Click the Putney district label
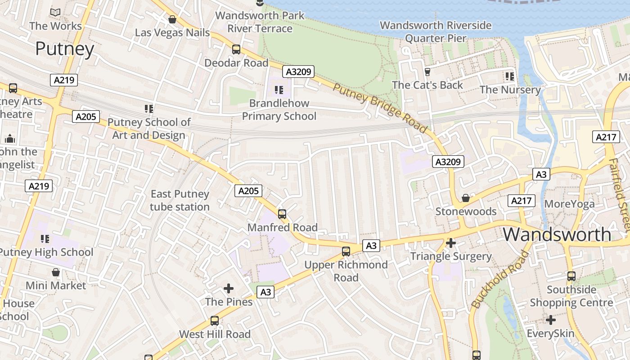coord(65,49)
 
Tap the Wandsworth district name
coord(557,234)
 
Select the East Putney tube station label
coord(180,200)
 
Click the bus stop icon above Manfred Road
coord(282,214)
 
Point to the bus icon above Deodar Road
coord(236,49)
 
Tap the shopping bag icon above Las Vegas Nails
coord(172,19)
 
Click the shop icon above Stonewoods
coord(466,198)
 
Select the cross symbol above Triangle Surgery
coord(450,243)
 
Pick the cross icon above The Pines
coord(229,288)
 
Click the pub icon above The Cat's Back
coord(427,72)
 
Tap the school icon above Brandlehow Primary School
coord(279,90)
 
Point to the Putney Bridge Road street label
coord(380,108)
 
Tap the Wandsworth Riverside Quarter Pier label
coord(436,31)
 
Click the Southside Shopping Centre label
coord(571,296)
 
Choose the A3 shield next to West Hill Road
coord(265,292)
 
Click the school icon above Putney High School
coord(45,238)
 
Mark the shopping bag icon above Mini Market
coord(56,272)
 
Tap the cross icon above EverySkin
coord(551,320)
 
